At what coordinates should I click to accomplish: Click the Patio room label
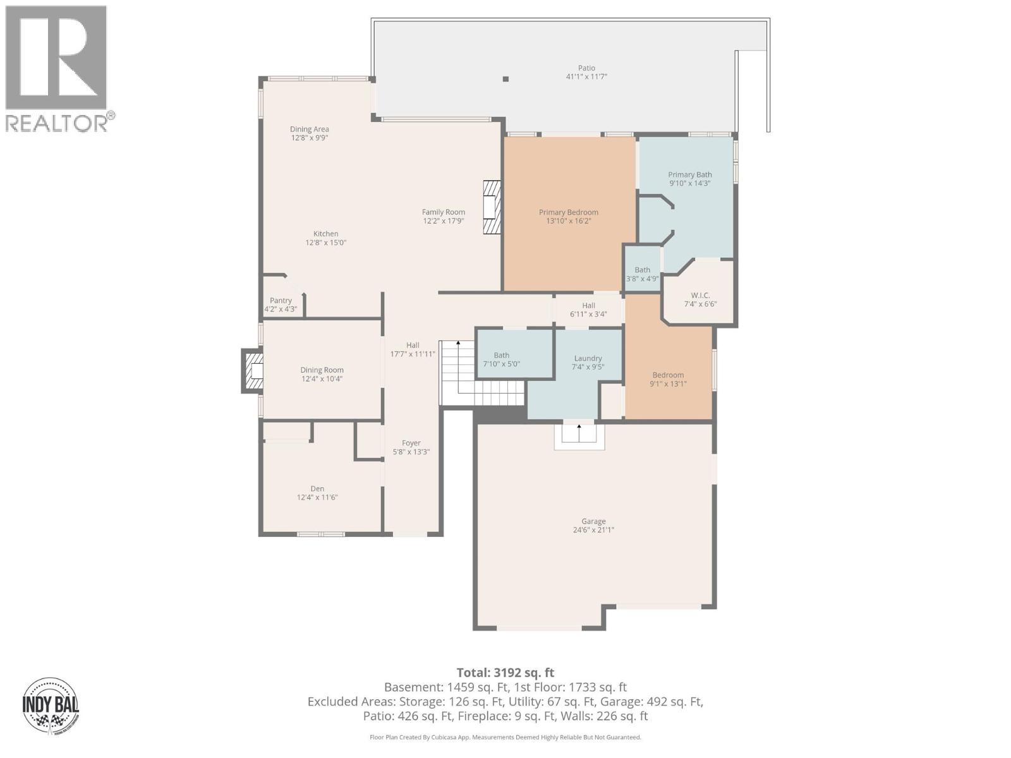[x=586, y=68]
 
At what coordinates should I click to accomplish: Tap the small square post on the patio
[x=505, y=79]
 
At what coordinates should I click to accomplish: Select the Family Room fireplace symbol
[x=492, y=208]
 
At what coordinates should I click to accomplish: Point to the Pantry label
[x=281, y=301]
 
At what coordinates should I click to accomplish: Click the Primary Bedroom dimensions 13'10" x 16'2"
[x=568, y=221]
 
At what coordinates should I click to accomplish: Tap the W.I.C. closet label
[x=700, y=295]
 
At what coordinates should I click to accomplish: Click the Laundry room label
[x=588, y=358]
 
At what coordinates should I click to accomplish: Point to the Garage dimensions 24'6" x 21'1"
[x=593, y=530]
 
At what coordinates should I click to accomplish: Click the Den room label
[x=317, y=488]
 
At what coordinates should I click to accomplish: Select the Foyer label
[x=411, y=443]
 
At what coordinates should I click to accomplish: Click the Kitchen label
[x=325, y=234]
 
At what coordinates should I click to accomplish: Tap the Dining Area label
[x=309, y=129]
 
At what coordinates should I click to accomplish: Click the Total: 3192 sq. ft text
[x=505, y=673]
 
